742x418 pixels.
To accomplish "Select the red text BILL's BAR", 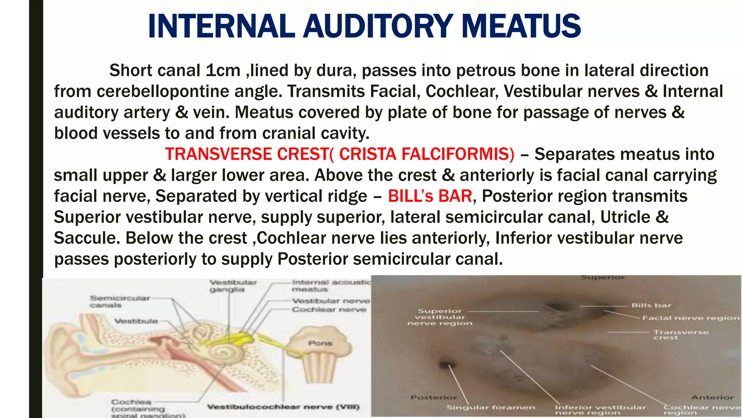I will pyautogui.click(x=430, y=196).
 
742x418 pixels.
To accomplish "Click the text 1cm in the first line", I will pyautogui.click(x=223, y=70).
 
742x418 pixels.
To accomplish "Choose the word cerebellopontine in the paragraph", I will pyautogui.click(x=163, y=91).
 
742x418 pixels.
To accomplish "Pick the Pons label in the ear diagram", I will pyautogui.click(x=320, y=343).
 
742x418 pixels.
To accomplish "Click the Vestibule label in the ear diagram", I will pyautogui.click(x=136, y=321).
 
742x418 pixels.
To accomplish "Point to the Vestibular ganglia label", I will pyautogui.click(x=233, y=286).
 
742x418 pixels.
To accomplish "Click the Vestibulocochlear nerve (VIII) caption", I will pyautogui.click(x=283, y=407).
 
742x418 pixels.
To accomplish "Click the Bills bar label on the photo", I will pyautogui.click(x=651, y=306).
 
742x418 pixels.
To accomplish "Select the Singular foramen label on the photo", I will pyautogui.click(x=491, y=407).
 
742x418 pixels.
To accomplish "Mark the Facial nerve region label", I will pyautogui.click(x=691, y=318).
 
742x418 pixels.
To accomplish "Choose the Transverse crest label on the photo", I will pyautogui.click(x=680, y=335).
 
